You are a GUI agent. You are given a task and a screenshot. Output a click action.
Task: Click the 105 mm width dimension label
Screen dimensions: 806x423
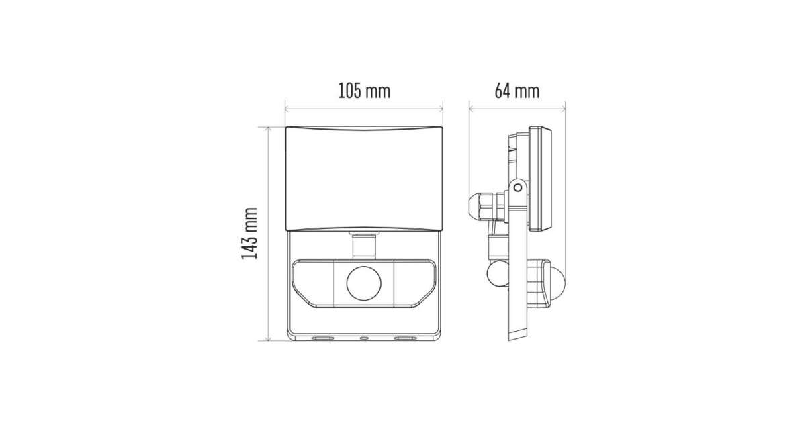click(x=364, y=91)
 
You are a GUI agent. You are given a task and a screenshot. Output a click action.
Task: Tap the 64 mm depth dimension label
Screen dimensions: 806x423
click(x=517, y=91)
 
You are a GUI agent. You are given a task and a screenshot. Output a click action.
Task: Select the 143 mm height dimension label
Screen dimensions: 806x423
click(x=249, y=234)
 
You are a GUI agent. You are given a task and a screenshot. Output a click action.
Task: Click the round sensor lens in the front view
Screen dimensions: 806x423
click(x=364, y=283)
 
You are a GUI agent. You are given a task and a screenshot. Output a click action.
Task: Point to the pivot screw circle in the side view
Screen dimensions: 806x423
click(x=518, y=187)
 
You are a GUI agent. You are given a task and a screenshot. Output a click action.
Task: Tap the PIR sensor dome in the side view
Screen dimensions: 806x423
click(x=557, y=283)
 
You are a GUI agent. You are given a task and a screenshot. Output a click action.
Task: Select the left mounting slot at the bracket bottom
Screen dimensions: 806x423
click(x=322, y=338)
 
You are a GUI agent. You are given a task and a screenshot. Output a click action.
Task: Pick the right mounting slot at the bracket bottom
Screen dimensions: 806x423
click(x=405, y=338)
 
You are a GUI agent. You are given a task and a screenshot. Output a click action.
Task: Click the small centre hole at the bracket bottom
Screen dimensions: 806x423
click(x=364, y=338)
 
